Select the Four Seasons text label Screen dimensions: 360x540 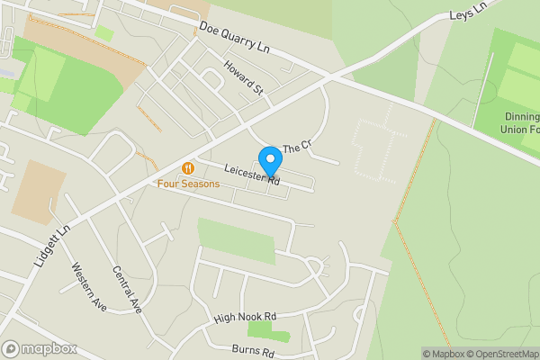[188, 184]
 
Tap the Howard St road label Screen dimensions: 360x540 [244, 79]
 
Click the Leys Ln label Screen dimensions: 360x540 [467, 12]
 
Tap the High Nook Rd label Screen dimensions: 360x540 [244, 318]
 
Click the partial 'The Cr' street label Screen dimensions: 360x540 [296, 147]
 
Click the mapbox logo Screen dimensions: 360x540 [40, 348]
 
